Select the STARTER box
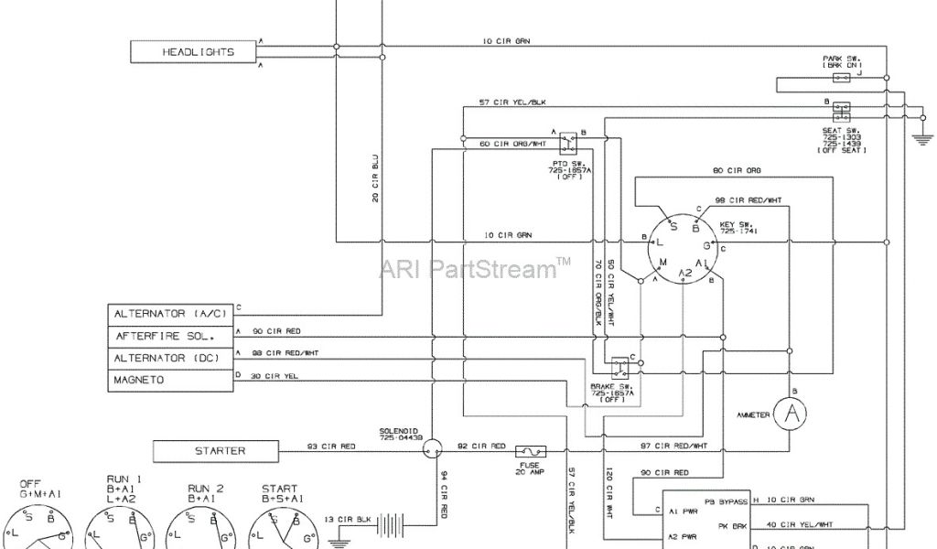point(221,451)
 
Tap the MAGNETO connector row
point(170,380)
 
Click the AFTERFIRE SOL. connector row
point(170,336)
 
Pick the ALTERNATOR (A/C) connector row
point(170,314)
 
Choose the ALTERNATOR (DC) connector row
point(170,358)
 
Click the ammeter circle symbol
point(792,414)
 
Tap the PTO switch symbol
point(569,142)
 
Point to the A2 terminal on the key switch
point(685,273)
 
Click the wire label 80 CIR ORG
point(737,170)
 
